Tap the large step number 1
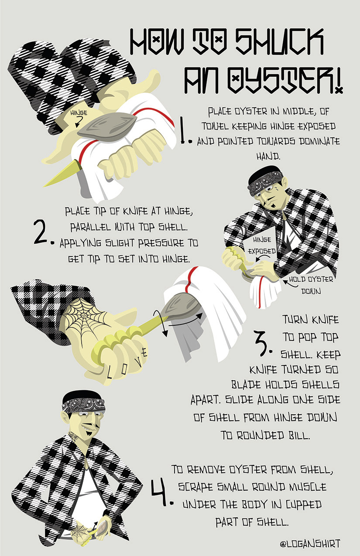tap(185, 131)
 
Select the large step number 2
tap(43, 232)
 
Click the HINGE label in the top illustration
tap(79, 113)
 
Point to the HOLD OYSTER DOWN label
tap(311, 285)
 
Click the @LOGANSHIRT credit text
tap(310, 542)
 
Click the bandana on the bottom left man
tap(83, 405)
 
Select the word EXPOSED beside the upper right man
tap(262, 251)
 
